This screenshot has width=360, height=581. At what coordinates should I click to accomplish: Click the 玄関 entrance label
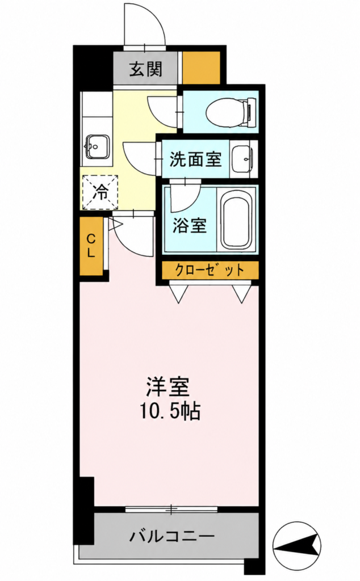[146, 69]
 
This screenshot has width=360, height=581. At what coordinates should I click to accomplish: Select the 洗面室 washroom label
[195, 159]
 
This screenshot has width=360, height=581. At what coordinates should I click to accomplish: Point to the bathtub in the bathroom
[237, 222]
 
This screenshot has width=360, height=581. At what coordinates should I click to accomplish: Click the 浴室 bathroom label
[190, 225]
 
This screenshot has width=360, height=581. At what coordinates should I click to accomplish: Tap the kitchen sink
[97, 146]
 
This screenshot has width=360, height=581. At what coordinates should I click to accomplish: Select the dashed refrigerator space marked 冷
[100, 192]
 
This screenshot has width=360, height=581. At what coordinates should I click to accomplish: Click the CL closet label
[91, 246]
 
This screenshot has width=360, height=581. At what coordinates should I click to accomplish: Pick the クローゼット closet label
[210, 270]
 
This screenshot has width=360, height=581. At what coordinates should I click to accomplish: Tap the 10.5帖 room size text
[170, 411]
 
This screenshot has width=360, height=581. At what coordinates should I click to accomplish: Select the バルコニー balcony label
[172, 536]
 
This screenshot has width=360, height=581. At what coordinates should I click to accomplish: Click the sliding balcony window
[171, 510]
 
